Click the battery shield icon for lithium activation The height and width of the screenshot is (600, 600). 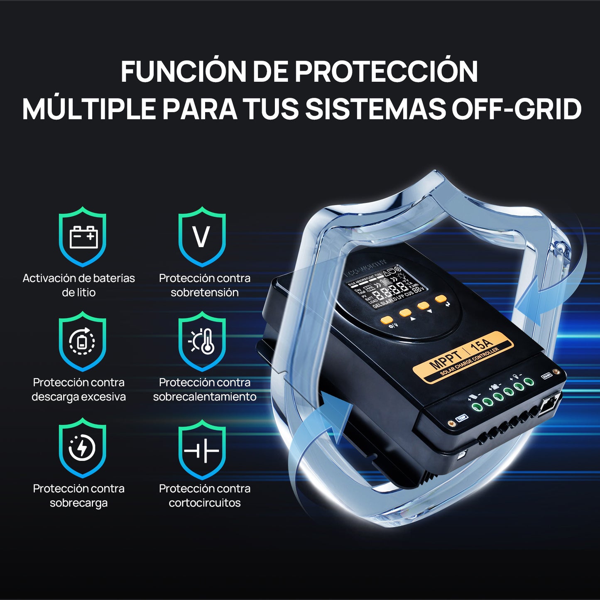tap(83, 237)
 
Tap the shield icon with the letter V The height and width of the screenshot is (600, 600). tap(202, 237)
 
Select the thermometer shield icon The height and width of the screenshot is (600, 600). tap(202, 341)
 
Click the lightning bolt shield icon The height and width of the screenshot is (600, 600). tap(83, 448)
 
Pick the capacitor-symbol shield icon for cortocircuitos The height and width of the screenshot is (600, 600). tap(202, 449)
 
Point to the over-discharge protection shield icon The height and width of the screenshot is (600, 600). tap(83, 341)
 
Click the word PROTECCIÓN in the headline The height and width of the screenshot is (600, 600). tap(386, 71)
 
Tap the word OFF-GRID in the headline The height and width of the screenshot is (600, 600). tap(516, 109)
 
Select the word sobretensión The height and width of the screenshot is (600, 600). tap(205, 292)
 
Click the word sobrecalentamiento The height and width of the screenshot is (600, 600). tap(205, 397)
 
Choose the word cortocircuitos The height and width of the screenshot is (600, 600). tap(205, 503)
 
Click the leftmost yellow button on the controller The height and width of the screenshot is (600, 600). tap(387, 320)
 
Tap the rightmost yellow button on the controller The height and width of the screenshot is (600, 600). tap(441, 299)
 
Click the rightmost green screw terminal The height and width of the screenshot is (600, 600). tap(529, 382)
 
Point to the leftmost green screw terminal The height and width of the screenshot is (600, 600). tap(477, 406)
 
